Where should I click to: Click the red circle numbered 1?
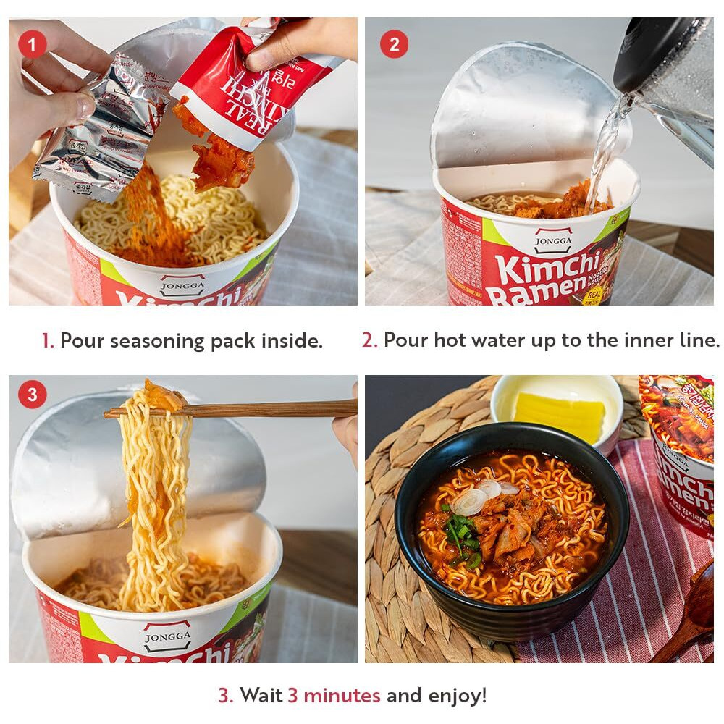click(x=32, y=44)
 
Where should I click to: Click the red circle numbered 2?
click(x=394, y=44)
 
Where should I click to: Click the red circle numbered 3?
click(x=32, y=395)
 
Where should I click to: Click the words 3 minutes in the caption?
click(x=334, y=696)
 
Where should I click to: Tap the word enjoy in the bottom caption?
click(x=452, y=696)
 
